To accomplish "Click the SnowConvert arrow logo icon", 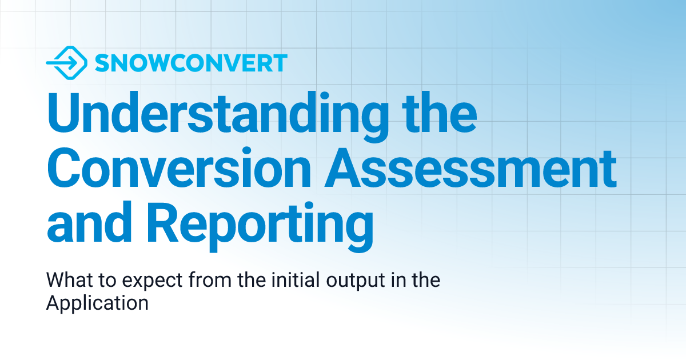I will click(66, 62).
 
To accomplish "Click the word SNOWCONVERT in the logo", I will click(191, 63).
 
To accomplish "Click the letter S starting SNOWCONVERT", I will click(102, 63).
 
